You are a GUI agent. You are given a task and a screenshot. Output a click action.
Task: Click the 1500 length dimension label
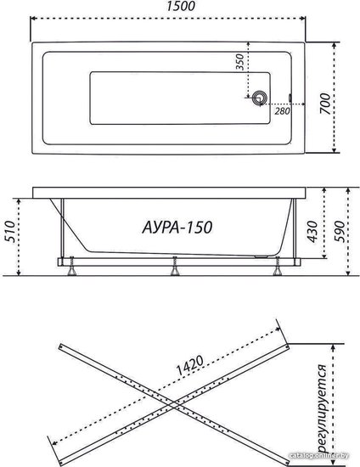point(181,6)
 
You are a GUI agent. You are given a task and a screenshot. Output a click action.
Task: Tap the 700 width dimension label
point(325,104)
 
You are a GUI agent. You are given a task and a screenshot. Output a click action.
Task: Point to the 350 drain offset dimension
point(239,62)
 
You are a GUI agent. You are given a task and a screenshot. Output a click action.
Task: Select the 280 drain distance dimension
point(282,111)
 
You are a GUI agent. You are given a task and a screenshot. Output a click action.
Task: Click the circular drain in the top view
point(260,98)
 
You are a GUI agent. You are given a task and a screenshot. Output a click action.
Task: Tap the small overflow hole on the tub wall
point(290,98)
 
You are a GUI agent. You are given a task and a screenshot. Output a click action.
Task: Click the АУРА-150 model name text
point(177,228)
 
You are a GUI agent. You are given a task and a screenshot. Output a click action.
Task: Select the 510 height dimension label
point(10,232)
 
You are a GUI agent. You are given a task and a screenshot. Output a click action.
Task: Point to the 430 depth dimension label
point(312,232)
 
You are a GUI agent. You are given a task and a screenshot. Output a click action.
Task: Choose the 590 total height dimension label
point(340,232)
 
